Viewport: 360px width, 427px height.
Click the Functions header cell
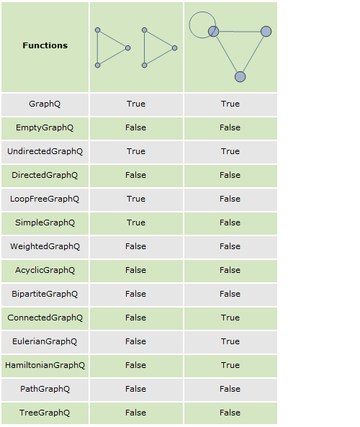(45, 45)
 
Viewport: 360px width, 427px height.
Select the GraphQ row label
(45, 104)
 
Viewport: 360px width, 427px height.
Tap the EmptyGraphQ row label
(45, 127)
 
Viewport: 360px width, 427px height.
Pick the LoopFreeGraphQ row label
(45, 199)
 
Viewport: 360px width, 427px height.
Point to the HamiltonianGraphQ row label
(45, 365)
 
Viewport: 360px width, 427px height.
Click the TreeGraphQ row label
(45, 413)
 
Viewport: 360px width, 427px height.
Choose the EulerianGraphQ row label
(45, 341)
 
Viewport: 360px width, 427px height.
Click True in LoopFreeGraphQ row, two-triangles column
(136, 199)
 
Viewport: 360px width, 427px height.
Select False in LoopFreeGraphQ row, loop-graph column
(230, 199)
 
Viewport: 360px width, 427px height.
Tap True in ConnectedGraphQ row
(230, 318)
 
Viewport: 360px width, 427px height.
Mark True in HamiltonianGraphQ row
(230, 365)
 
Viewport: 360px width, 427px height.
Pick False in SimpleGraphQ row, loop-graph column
(230, 223)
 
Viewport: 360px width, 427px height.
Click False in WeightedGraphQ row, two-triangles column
(135, 246)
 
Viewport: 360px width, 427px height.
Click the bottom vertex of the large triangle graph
(240, 77)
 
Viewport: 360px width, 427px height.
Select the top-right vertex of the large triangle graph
(266, 31)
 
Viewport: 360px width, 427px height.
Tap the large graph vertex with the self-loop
(214, 31)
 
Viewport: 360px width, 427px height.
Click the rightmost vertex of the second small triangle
(174, 48)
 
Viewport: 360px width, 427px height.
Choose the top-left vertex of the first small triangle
(97, 30)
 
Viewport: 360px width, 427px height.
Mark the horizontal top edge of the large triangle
(240, 32)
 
